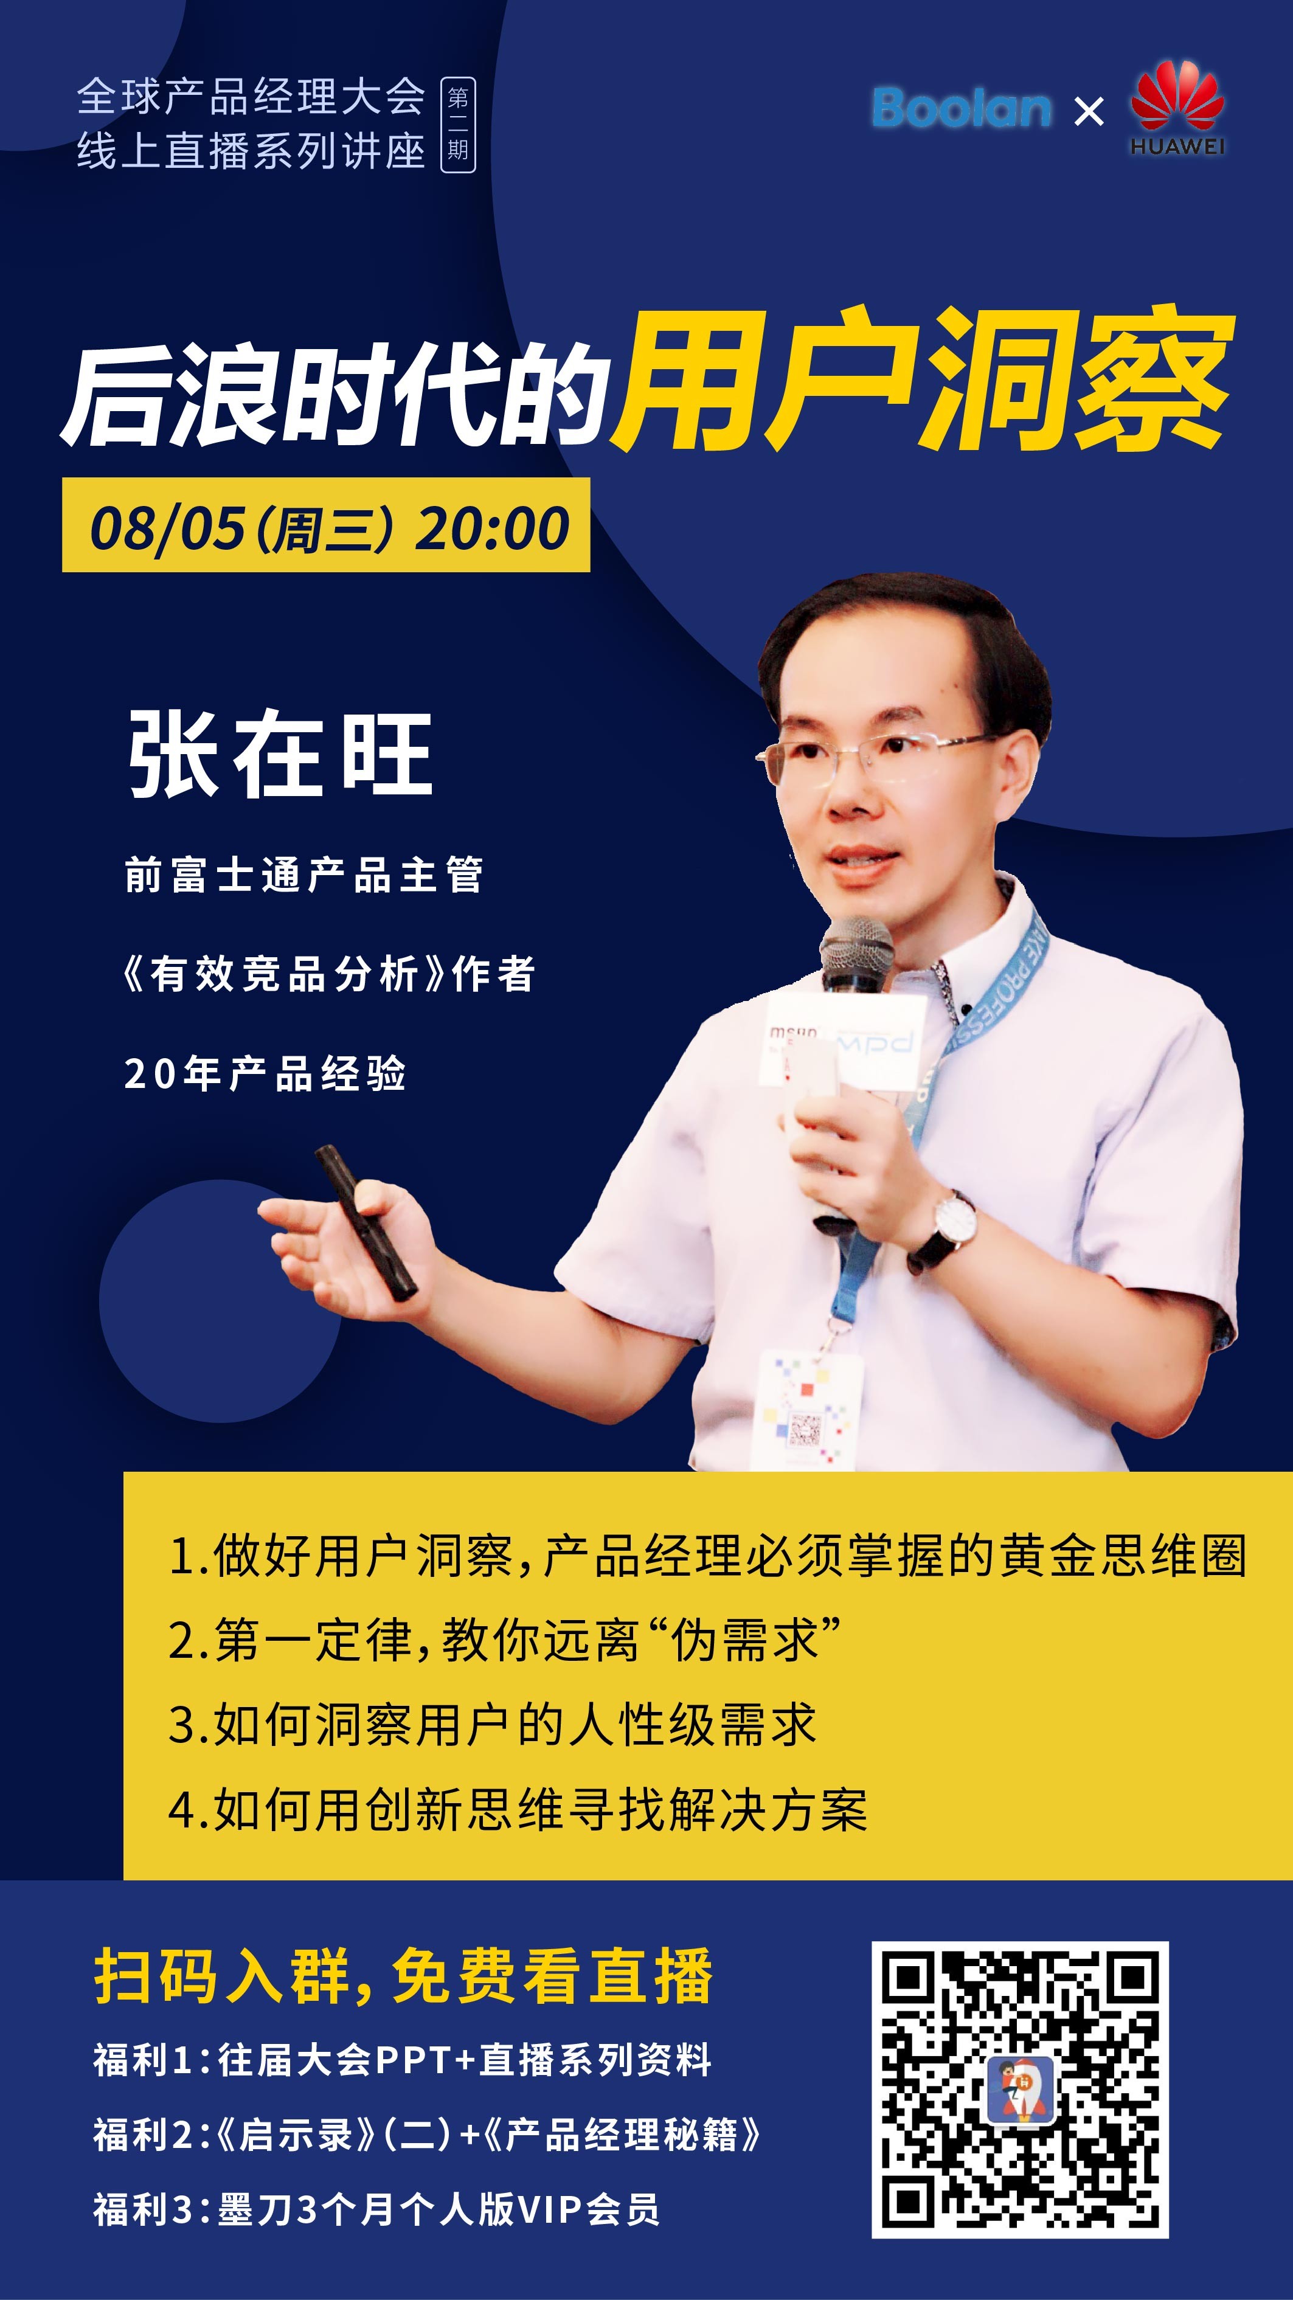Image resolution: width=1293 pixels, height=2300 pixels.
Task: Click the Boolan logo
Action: tap(962, 108)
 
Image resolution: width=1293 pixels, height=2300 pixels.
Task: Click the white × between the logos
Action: tap(1089, 112)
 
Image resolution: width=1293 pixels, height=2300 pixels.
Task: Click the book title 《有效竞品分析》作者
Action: tap(328, 973)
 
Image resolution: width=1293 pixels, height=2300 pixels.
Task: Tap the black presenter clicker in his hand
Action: tap(366, 1222)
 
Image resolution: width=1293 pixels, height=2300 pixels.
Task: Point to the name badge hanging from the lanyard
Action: tap(809, 1411)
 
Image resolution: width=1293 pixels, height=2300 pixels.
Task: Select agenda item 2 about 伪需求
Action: tap(505, 1640)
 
